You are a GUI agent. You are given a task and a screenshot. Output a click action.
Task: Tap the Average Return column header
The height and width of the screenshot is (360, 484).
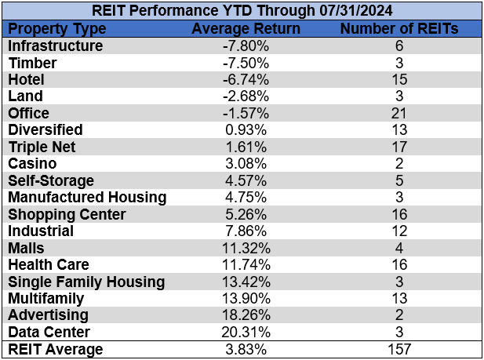click(x=246, y=28)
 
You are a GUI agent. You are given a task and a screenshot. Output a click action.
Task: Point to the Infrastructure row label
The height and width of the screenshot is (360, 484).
click(x=55, y=45)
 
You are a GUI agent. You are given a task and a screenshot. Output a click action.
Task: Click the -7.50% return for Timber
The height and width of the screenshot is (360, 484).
click(x=246, y=63)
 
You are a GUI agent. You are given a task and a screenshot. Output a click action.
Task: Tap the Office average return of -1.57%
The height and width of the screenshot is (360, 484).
click(x=246, y=113)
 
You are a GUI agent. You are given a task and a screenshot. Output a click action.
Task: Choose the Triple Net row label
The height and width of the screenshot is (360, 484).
click(x=41, y=147)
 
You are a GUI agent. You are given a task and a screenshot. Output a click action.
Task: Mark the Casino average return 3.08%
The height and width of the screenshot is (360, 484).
click(x=246, y=163)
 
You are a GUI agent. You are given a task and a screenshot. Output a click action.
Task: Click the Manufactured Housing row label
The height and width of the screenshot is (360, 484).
click(x=87, y=197)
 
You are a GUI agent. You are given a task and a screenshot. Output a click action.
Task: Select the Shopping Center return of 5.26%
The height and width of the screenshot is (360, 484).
click(x=246, y=214)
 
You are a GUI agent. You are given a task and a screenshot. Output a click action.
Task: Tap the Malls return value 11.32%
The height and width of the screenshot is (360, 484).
click(x=246, y=248)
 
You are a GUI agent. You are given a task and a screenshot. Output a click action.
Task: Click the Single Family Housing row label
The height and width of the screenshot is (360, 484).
click(x=86, y=282)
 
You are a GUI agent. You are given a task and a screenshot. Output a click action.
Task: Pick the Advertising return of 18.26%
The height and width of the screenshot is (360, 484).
click(x=246, y=315)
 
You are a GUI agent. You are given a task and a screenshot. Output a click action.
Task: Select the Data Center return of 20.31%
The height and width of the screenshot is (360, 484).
click(x=246, y=332)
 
